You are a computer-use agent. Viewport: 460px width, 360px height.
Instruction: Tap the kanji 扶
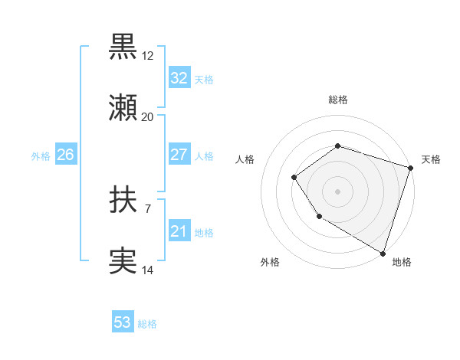pos(123,201)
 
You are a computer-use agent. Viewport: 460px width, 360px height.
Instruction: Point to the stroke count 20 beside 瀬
pos(147,117)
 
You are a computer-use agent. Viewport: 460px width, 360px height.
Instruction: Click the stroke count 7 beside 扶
pos(147,208)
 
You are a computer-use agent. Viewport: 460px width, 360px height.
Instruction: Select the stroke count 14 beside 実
pos(147,270)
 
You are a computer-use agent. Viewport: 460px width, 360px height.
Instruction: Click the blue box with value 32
pos(179,78)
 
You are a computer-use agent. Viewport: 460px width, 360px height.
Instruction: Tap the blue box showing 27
pos(179,155)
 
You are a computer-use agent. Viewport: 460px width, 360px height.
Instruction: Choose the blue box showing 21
pos(179,231)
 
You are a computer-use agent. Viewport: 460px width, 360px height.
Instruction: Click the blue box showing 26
pos(65,155)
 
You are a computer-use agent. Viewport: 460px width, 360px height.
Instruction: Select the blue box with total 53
pos(123,322)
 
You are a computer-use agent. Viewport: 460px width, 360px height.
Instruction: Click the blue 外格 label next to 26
pos(41,156)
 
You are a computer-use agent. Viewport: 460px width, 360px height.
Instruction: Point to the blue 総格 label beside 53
pos(147,324)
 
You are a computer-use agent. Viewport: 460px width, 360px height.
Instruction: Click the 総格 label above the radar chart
pos(338,100)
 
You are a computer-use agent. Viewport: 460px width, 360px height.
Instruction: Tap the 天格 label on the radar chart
pos(431,159)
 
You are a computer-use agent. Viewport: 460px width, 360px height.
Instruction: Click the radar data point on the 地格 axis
pos(383,252)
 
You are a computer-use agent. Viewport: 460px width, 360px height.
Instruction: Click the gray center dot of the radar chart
pos(337,191)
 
